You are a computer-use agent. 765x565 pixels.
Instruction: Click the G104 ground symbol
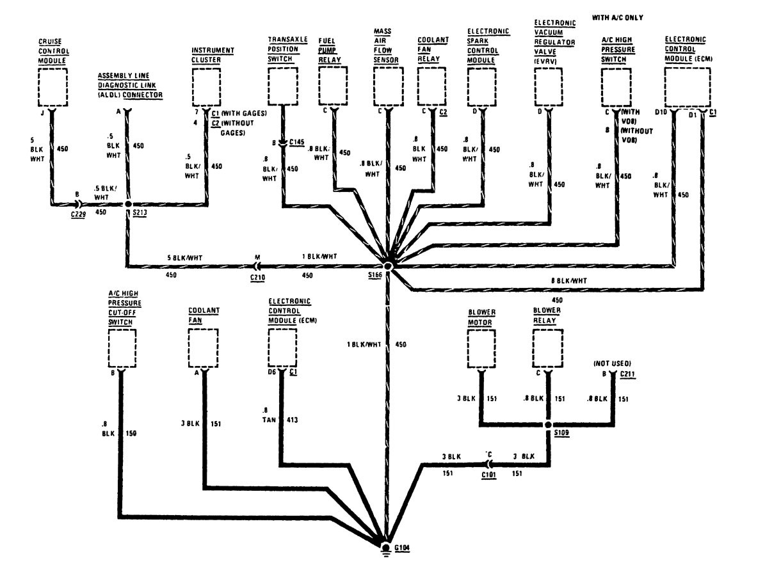point(385,549)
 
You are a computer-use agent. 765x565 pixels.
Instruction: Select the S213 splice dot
point(128,205)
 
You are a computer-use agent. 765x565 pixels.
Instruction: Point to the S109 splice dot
point(549,424)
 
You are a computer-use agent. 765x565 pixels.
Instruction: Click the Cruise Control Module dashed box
point(53,86)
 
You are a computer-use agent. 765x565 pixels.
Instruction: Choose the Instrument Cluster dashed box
point(207,86)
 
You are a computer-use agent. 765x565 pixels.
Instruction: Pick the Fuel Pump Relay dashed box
point(334,86)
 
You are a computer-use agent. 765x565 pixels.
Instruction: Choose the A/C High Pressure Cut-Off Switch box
point(122,349)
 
